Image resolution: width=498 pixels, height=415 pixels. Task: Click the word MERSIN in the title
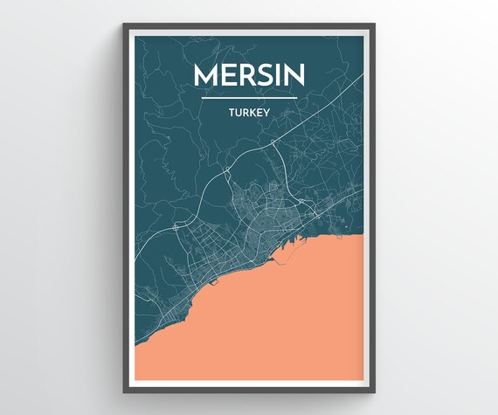[x=249, y=74]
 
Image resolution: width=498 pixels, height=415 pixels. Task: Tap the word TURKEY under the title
[x=249, y=113]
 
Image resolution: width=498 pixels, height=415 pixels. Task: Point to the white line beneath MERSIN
[x=249, y=98]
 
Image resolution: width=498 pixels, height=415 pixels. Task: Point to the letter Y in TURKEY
[x=268, y=113]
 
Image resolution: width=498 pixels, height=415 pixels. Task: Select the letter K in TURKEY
[x=252, y=113]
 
